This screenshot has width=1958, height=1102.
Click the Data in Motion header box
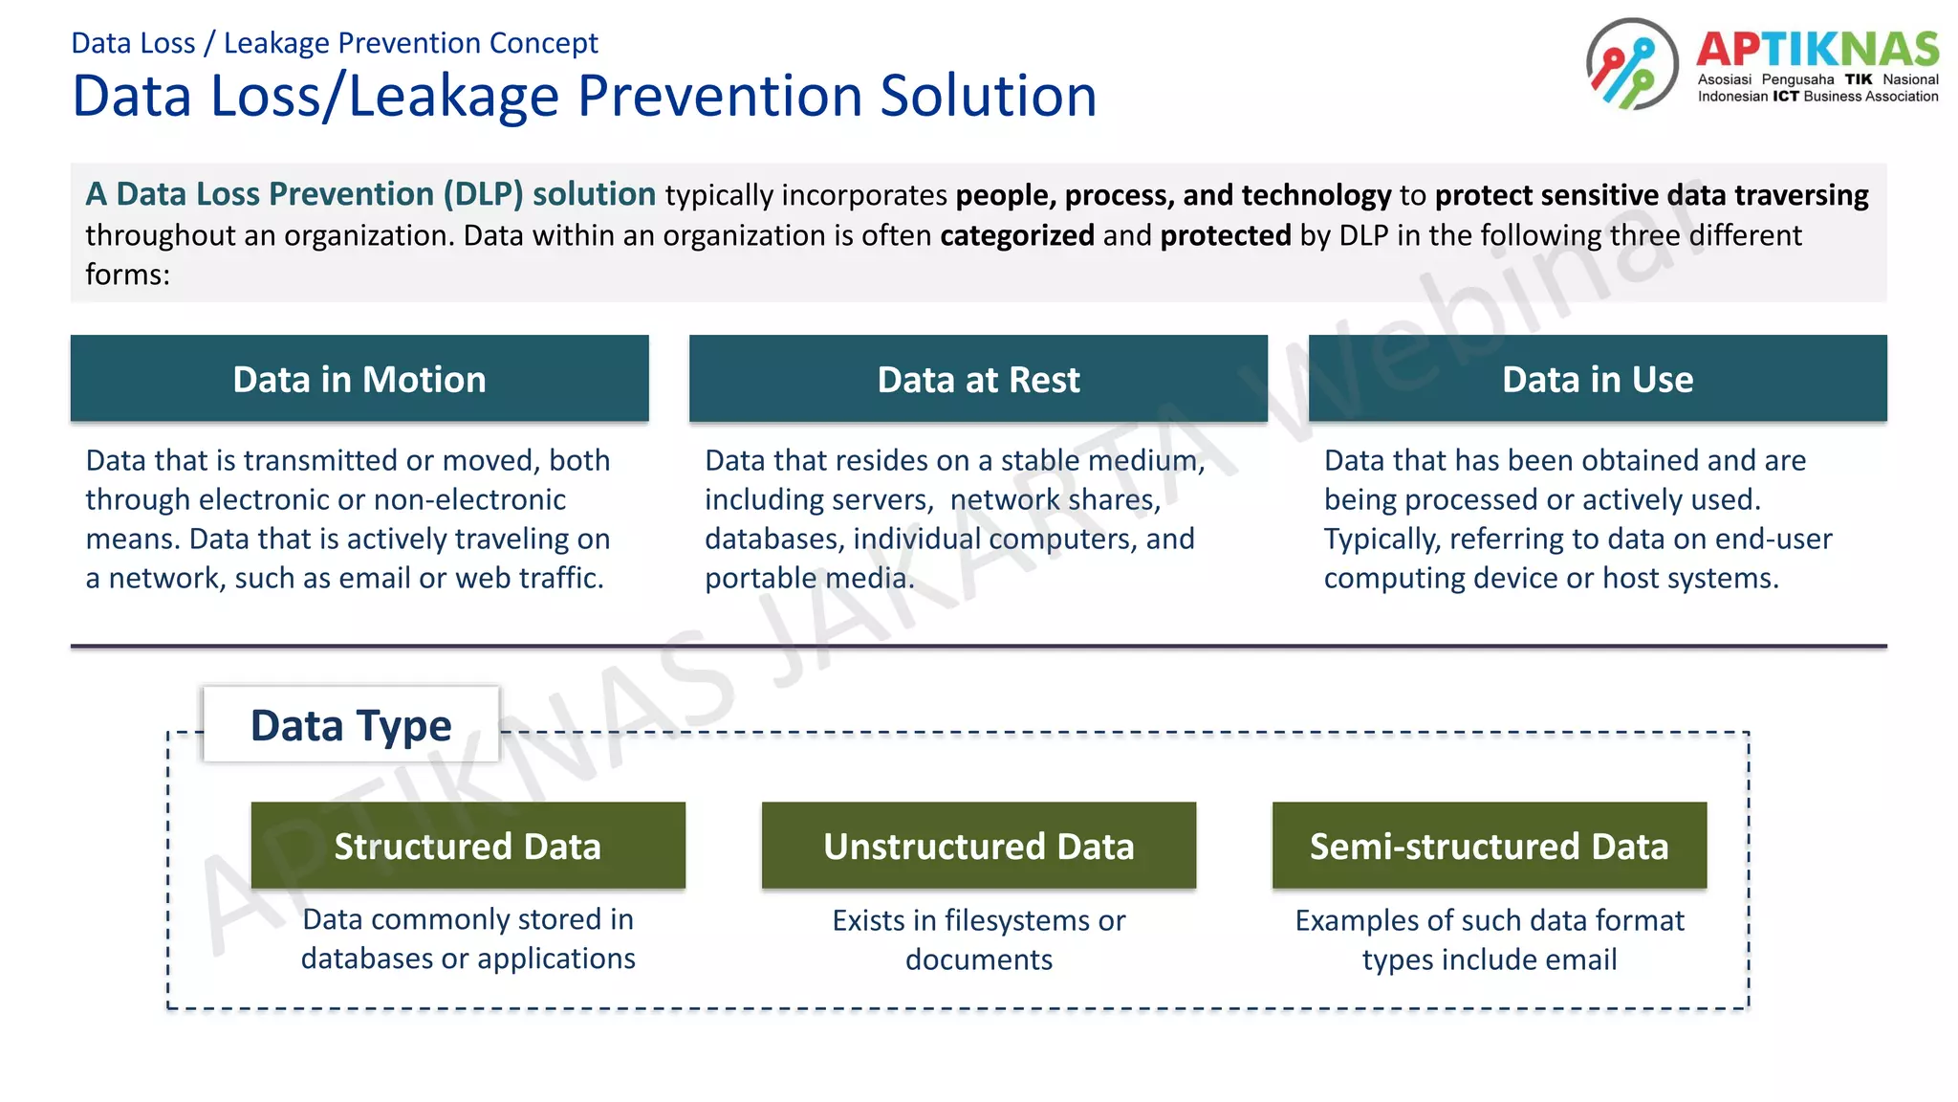(359, 379)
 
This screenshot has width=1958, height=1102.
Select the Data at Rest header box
(978, 379)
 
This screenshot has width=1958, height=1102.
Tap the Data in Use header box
(1597, 379)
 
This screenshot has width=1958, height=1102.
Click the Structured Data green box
(468, 846)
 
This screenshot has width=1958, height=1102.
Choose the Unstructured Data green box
(978, 846)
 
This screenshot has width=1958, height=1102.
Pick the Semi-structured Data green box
(1489, 846)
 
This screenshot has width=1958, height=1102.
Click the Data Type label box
(351, 725)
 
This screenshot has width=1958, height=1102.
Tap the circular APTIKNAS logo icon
(1631, 64)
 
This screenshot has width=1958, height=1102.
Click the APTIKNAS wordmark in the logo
(1817, 49)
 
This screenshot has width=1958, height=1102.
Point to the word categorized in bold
(1016, 235)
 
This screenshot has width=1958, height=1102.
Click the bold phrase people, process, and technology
(1173, 195)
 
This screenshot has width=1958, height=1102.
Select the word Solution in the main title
(988, 96)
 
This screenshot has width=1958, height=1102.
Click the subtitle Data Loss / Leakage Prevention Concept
(335, 43)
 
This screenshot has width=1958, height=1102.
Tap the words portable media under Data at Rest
(808, 579)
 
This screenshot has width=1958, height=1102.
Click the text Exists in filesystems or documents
(978, 939)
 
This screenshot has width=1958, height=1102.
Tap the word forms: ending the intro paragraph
(127, 275)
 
